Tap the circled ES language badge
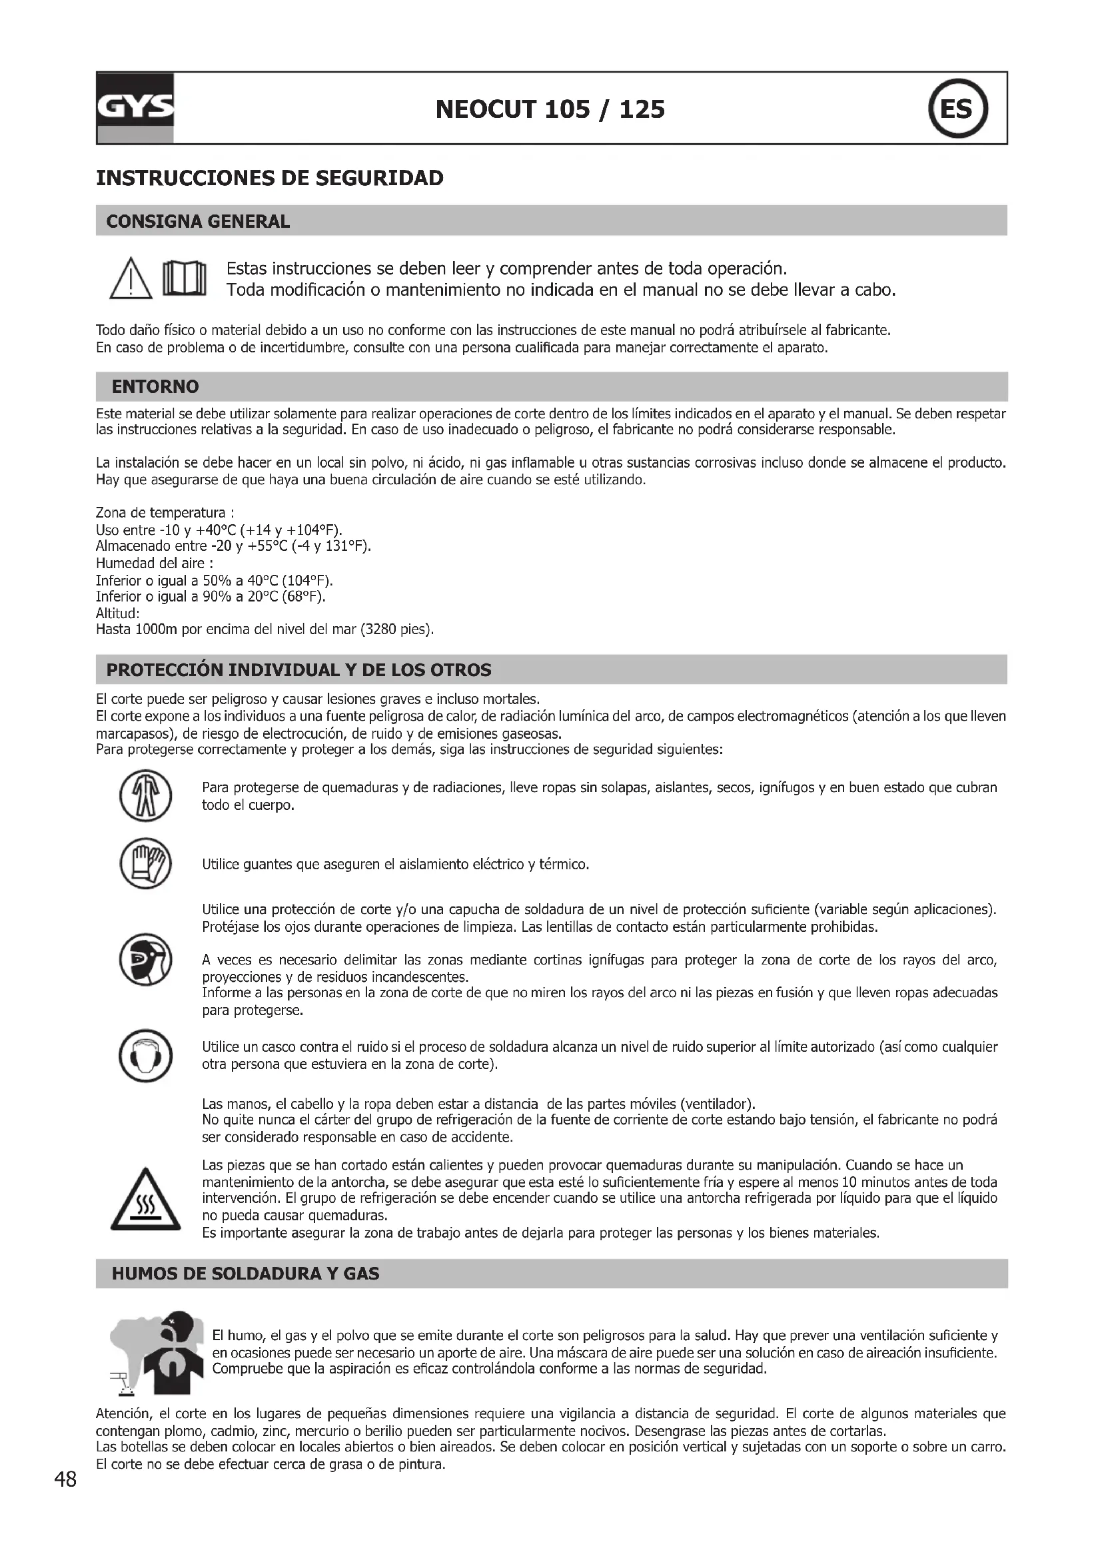click(957, 109)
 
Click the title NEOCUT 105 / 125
click(550, 109)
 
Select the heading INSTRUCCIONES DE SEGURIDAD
click(270, 179)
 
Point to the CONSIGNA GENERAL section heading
click(198, 221)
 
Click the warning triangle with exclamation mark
click(131, 281)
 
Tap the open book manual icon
click(183, 279)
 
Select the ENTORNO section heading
click(155, 387)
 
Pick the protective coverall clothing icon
click(145, 795)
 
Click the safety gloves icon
click(145, 864)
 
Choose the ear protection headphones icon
click(145, 1056)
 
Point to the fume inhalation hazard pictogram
click(157, 1353)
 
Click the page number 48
click(66, 1479)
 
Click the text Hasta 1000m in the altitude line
click(136, 629)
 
